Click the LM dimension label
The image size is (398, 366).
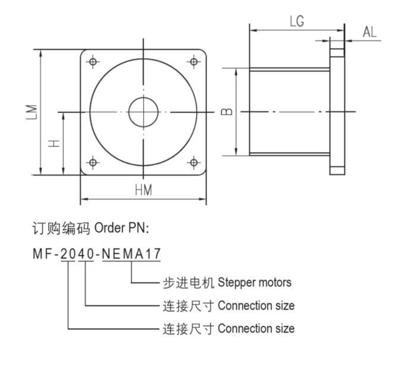click(33, 111)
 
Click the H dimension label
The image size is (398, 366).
click(54, 143)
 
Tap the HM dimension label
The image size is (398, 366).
click(143, 190)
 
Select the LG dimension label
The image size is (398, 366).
click(297, 22)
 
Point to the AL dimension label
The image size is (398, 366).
click(369, 32)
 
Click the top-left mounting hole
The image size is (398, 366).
click(93, 61)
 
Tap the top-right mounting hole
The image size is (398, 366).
click(194, 61)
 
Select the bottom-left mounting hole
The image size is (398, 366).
click(93, 162)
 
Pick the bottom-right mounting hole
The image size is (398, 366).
click(194, 162)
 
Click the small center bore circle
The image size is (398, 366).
click(143, 112)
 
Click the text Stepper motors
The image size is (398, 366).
click(255, 282)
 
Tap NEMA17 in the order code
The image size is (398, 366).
click(131, 254)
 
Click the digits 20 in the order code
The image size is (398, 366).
click(68, 254)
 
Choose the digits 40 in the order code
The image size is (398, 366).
click(87, 254)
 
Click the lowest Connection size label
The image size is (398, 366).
click(256, 328)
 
